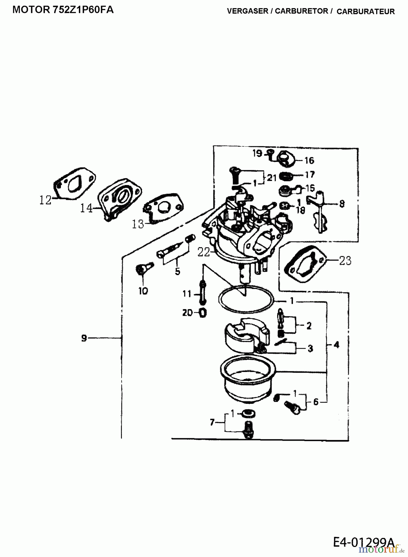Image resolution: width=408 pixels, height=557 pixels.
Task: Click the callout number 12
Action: click(45, 200)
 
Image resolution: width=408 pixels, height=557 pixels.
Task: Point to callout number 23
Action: click(345, 261)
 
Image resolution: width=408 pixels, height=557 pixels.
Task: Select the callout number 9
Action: click(84, 338)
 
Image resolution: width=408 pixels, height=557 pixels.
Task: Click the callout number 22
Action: click(204, 252)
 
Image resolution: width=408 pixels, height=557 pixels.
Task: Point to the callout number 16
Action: click(309, 160)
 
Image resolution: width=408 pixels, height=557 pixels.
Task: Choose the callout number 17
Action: click(310, 175)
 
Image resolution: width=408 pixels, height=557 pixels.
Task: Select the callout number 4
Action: click(337, 344)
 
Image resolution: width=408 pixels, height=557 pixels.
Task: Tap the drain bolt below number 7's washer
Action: click(249, 429)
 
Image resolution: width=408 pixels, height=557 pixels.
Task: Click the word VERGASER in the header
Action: click(247, 11)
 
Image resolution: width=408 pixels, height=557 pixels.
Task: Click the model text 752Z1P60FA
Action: click(83, 10)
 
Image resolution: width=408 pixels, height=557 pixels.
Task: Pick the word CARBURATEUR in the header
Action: click(366, 11)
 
